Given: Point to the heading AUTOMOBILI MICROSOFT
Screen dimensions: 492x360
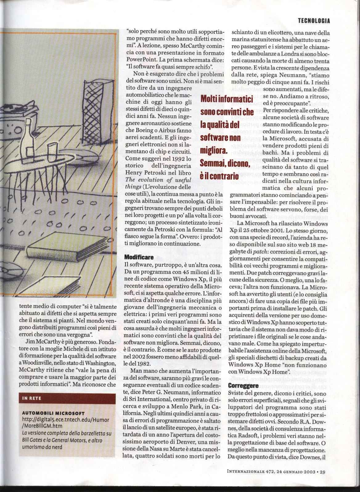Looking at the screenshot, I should [54, 413].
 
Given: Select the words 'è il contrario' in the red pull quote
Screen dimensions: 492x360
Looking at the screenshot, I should [219, 176].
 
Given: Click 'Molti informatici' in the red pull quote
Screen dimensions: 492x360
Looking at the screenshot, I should [227, 99].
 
